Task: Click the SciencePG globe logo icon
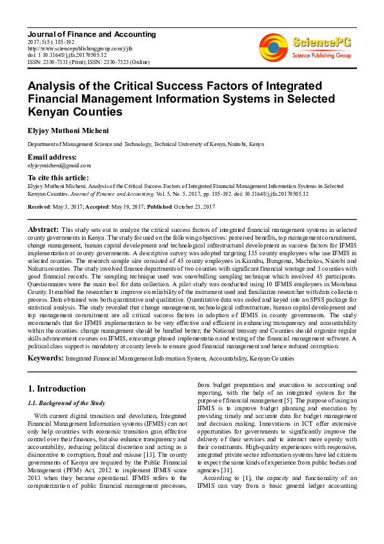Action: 273,47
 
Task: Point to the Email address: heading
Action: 52,157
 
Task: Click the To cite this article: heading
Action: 57,177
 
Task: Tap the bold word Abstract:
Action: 43,229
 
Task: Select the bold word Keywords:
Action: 45,357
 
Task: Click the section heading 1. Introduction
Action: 57,388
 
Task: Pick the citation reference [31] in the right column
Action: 225,469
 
